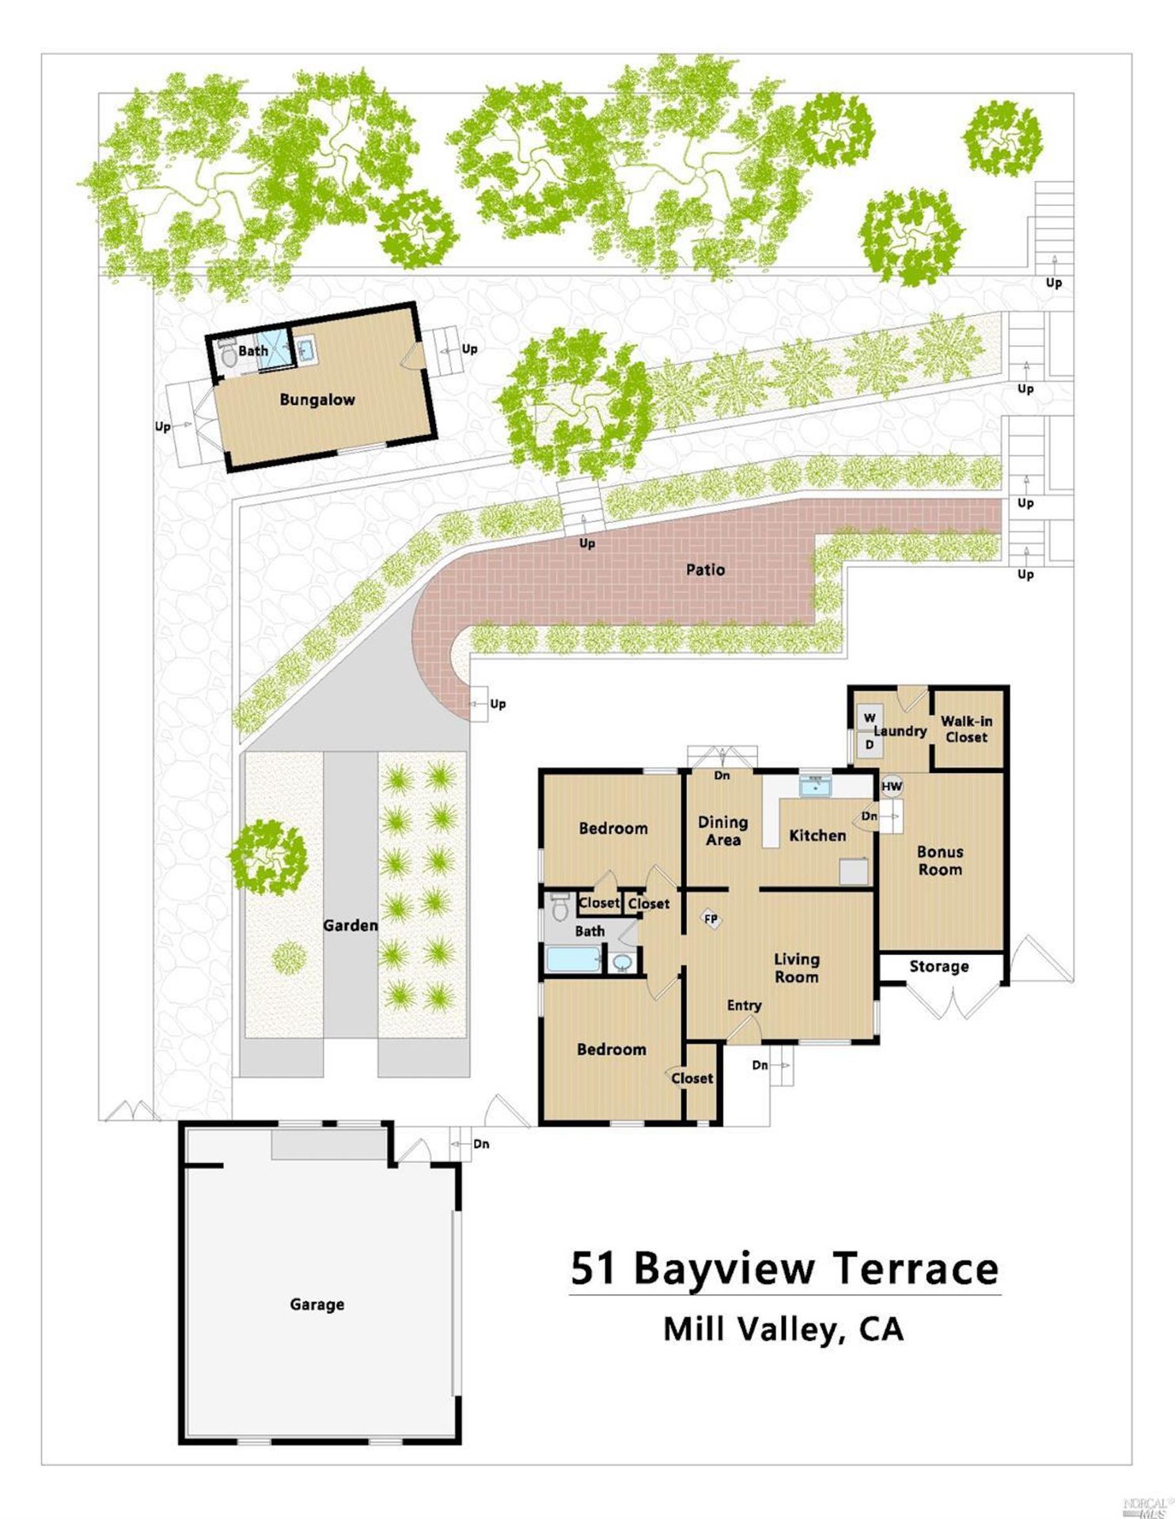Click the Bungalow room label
coord(316,400)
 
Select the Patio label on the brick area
coord(705,570)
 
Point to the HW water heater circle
coord(892,786)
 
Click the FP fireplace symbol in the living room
coord(711,919)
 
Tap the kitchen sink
coord(815,786)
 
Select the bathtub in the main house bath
coord(574,960)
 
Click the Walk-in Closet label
coord(966,729)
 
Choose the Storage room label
coord(938,966)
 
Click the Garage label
coord(316,1304)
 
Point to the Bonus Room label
coord(940,860)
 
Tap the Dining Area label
coord(722,831)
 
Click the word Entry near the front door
coord(744,1005)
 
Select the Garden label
coord(350,925)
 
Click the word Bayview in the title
coord(724,1268)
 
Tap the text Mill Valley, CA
coord(783,1328)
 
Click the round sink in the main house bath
coord(623,962)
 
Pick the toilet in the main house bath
coord(560,907)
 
